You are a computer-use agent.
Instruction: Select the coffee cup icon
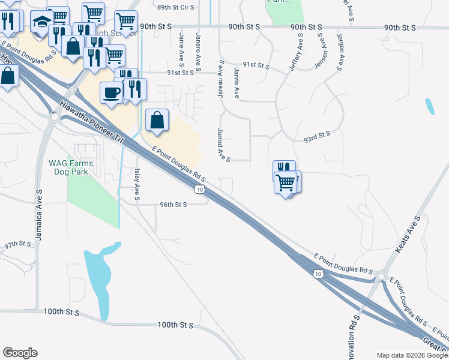pyautogui.click(x=112, y=92)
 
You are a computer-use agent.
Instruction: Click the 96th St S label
pyautogui.click(x=173, y=204)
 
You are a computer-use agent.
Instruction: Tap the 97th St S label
pyautogui.click(x=17, y=245)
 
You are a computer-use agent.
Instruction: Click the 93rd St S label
pyautogui.click(x=317, y=137)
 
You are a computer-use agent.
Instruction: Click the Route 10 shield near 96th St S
pyautogui.click(x=198, y=190)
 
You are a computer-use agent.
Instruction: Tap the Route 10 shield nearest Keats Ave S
pyautogui.click(x=318, y=274)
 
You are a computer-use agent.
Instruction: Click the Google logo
pyautogui.click(x=20, y=353)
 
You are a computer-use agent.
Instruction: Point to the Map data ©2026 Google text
pyautogui.click(x=411, y=355)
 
